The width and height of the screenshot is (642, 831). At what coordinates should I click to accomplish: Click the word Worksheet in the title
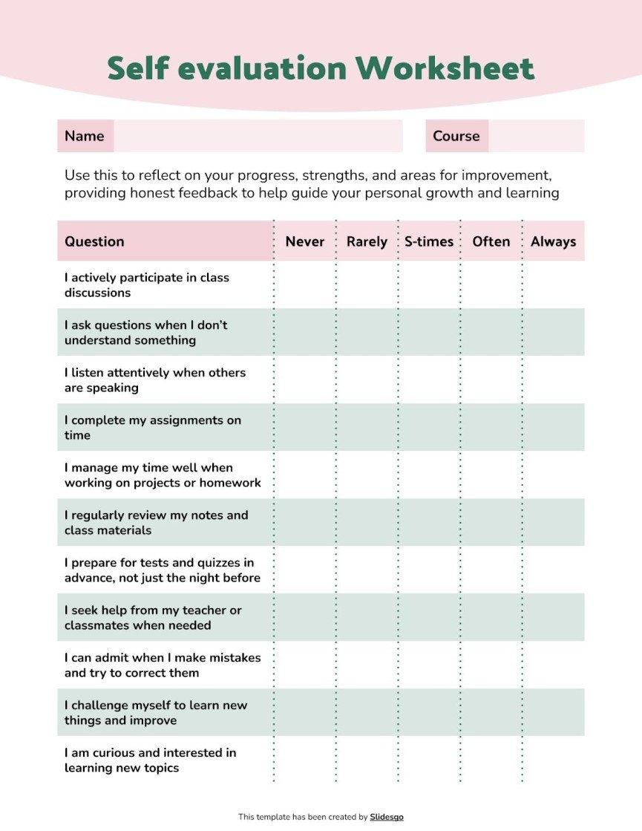coord(445,68)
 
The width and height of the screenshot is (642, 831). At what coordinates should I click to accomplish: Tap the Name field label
coord(85,136)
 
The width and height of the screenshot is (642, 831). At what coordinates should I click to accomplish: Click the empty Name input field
coord(258,136)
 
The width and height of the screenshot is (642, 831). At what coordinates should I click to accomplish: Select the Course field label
coord(456,136)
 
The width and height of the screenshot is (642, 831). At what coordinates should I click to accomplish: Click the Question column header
coord(94,241)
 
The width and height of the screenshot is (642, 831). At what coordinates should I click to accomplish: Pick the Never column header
coord(305,241)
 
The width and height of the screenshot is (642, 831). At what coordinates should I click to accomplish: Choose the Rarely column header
coord(367,241)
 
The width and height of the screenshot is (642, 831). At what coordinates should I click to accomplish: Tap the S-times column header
coord(429,241)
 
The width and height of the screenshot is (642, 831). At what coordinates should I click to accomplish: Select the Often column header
coord(491,241)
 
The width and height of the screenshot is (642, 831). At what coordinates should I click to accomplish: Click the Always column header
coord(553,241)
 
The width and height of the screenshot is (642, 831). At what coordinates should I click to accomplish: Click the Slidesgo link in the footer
coord(387,817)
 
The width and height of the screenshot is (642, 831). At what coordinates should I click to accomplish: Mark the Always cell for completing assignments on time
coord(553,427)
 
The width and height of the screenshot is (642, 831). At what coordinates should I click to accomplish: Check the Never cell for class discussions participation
coord(305,284)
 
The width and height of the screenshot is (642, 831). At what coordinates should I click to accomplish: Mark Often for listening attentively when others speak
coord(491,379)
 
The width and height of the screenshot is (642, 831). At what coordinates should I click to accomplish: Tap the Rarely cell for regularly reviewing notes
coord(367,522)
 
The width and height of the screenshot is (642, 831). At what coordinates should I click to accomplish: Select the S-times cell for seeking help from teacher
coord(429,617)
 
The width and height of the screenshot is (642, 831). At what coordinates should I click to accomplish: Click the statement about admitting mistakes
coord(163,665)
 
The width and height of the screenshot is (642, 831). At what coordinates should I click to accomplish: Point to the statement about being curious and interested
coord(150,760)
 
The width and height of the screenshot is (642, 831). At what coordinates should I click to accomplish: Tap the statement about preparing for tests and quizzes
coord(162,570)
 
